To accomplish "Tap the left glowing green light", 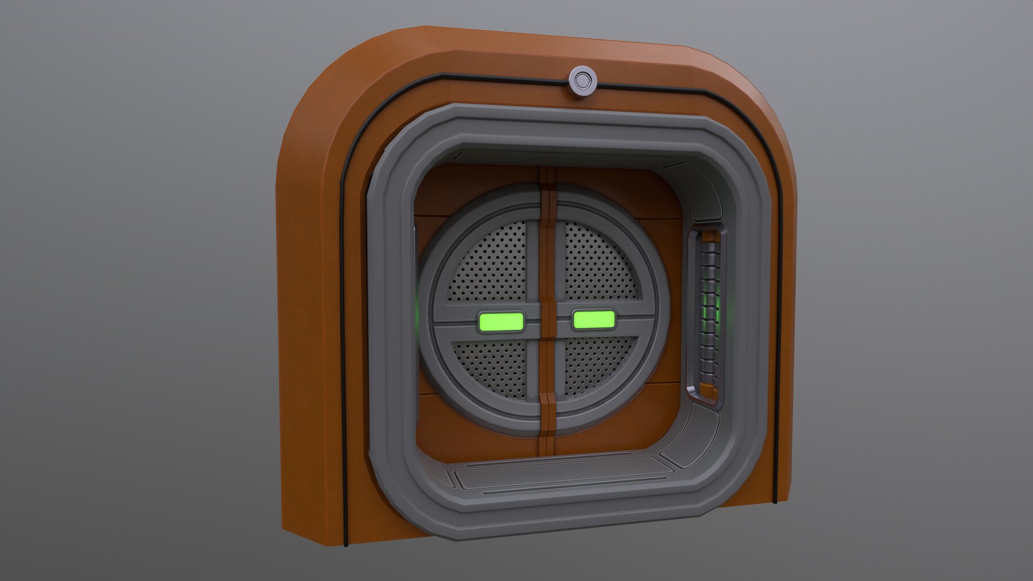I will pyautogui.click(x=500, y=323).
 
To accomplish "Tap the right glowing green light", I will pyautogui.click(x=594, y=320).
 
